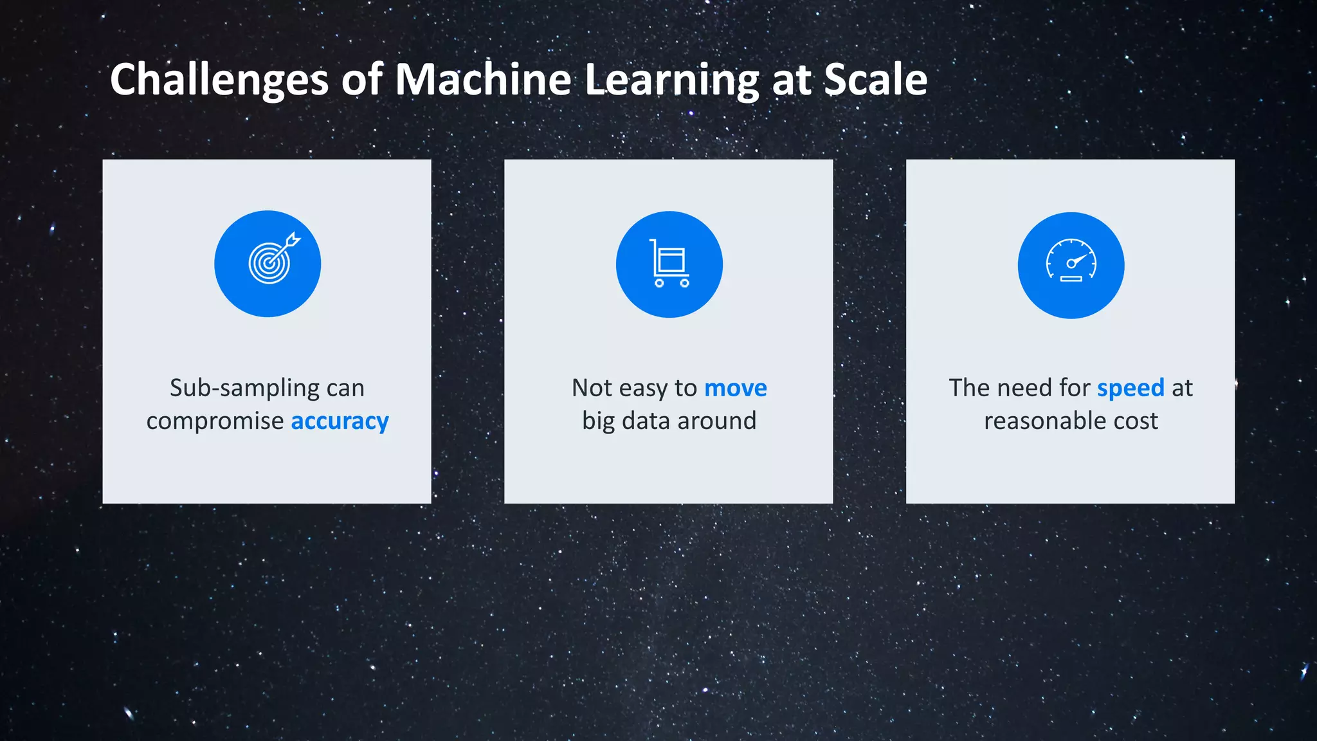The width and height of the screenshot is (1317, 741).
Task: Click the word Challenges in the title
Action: (x=219, y=80)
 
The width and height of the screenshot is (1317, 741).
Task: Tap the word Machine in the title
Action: (x=482, y=80)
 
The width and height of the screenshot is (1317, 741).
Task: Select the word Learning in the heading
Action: (x=672, y=80)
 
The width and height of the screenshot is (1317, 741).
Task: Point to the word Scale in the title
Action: (x=875, y=80)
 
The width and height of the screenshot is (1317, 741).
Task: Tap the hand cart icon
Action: (x=669, y=264)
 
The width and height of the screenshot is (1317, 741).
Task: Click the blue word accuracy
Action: (x=340, y=421)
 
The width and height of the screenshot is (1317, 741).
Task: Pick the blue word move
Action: (x=736, y=388)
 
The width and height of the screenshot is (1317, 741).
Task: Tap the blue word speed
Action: (x=1131, y=388)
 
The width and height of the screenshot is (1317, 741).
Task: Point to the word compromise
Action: (x=215, y=421)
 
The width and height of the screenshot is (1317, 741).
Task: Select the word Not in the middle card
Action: (x=592, y=388)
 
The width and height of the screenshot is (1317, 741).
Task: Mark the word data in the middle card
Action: (x=646, y=421)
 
